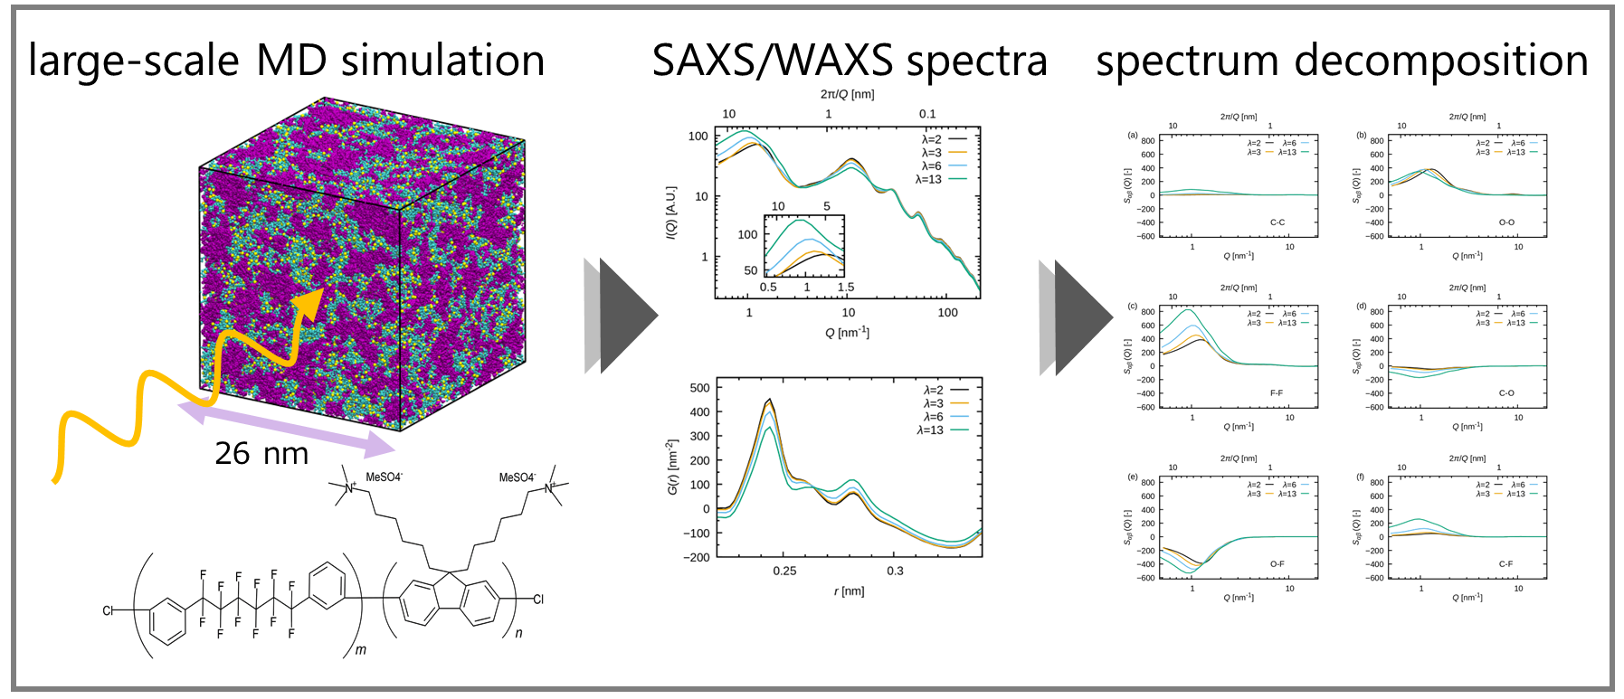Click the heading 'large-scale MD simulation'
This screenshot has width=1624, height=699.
pyautogui.click(x=287, y=61)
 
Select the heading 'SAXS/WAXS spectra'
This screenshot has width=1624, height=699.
pyautogui.click(x=849, y=61)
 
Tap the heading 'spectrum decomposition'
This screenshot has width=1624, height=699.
pyautogui.click(x=1342, y=61)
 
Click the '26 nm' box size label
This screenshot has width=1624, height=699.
pyautogui.click(x=261, y=453)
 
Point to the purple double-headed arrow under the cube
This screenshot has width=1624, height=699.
pyautogui.click(x=288, y=429)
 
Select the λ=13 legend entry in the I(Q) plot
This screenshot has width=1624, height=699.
pyautogui.click(x=929, y=179)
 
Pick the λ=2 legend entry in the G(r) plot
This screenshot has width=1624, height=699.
pyautogui.click(x=933, y=391)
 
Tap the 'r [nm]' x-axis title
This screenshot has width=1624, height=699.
pyautogui.click(x=849, y=591)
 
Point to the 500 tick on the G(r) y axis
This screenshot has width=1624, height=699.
pyautogui.click(x=699, y=388)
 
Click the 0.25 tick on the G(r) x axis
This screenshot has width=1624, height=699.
pyautogui.click(x=784, y=571)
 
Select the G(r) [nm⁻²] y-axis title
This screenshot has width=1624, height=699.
pyautogui.click(x=672, y=467)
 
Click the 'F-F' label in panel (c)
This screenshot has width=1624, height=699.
pyautogui.click(x=1277, y=393)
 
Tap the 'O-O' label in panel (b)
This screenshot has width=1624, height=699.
pyautogui.click(x=1506, y=222)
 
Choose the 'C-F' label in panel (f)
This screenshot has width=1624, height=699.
pyautogui.click(x=1505, y=564)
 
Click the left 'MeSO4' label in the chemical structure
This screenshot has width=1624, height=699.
pyautogui.click(x=384, y=477)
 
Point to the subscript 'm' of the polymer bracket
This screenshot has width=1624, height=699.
pyautogui.click(x=361, y=650)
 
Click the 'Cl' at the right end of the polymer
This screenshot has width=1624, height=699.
pyautogui.click(x=538, y=599)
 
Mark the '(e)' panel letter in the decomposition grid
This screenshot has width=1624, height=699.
pyautogui.click(x=1133, y=477)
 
